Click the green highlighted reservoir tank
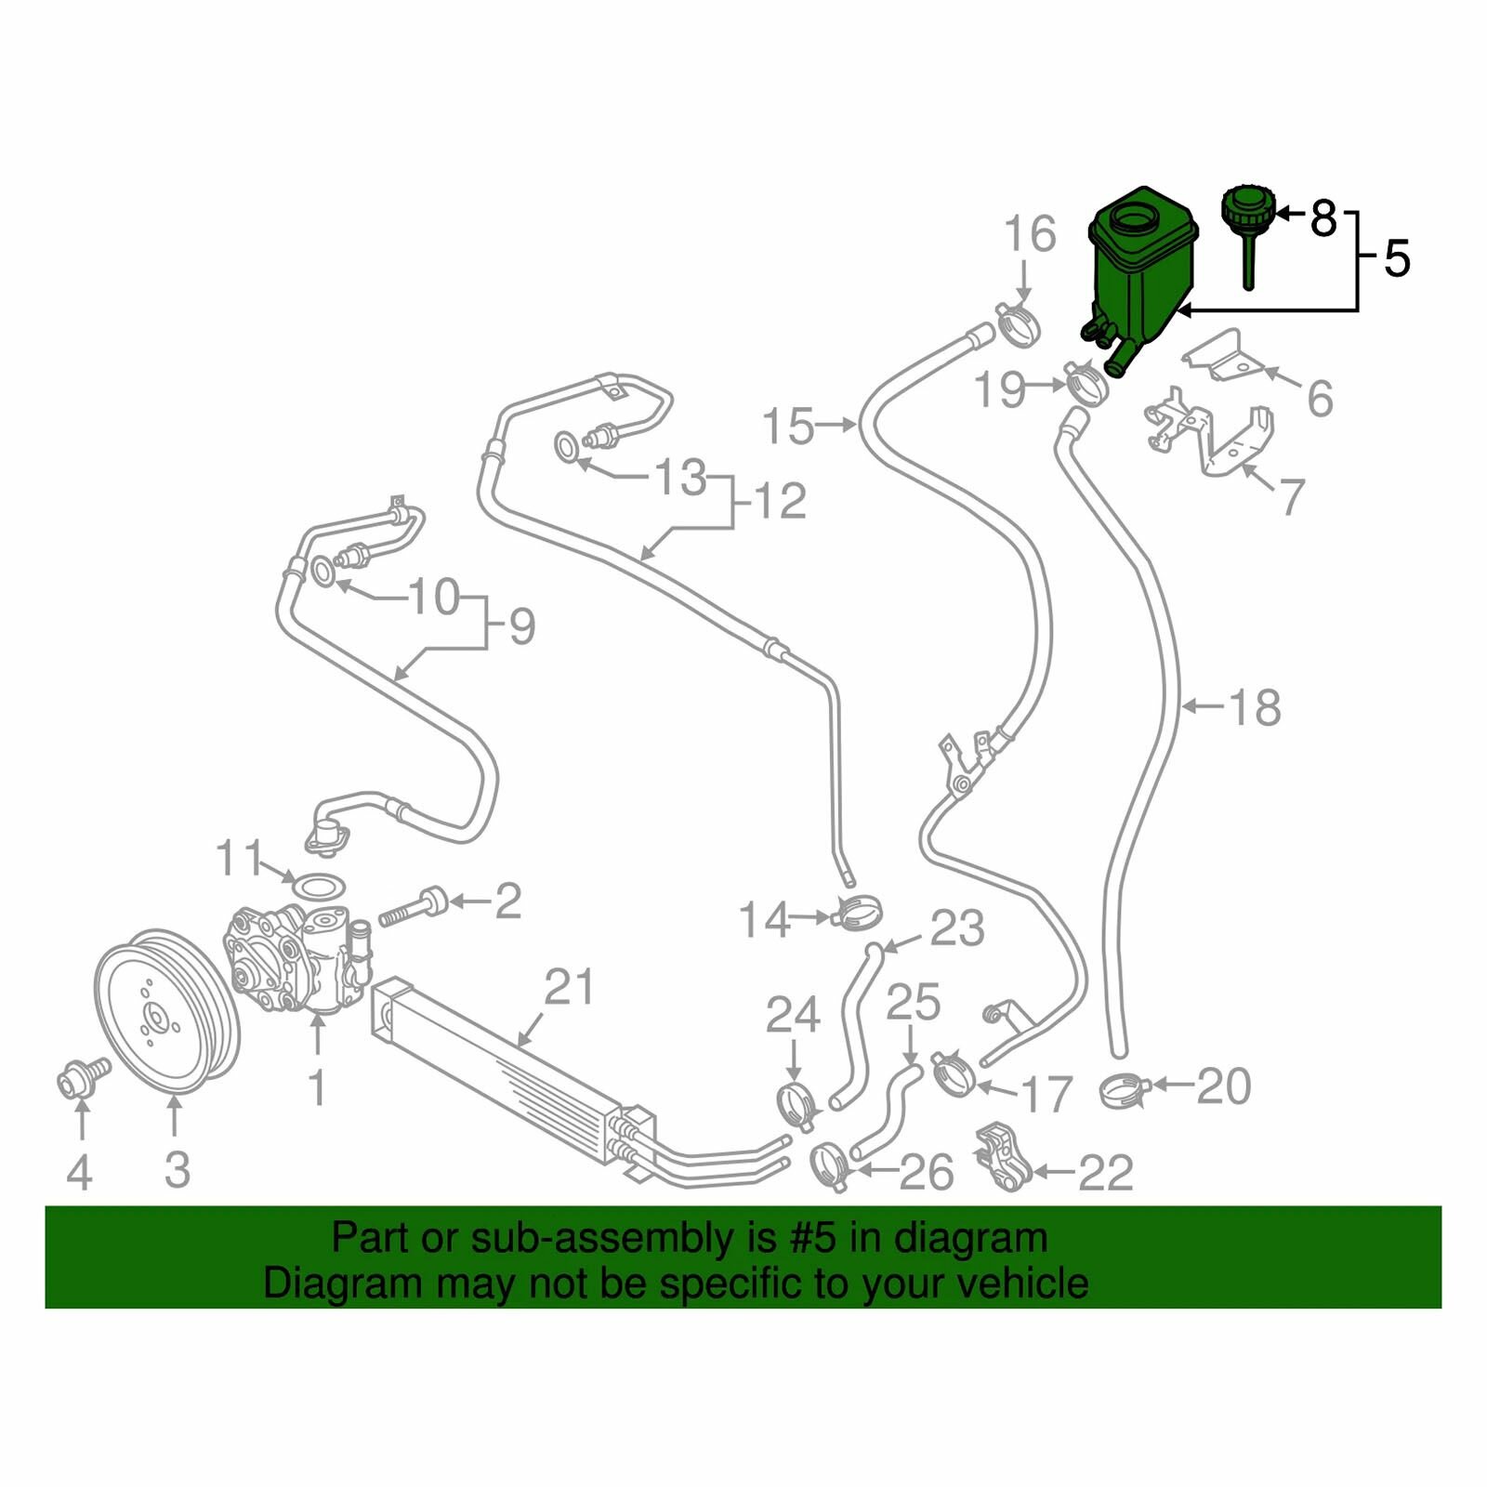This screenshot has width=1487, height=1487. (1138, 274)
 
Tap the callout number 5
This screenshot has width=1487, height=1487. (1397, 257)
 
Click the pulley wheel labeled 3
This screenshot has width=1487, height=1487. (168, 1010)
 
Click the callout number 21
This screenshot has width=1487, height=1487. (568, 986)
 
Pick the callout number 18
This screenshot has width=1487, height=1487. (1255, 707)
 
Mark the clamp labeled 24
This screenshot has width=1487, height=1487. (796, 1103)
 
